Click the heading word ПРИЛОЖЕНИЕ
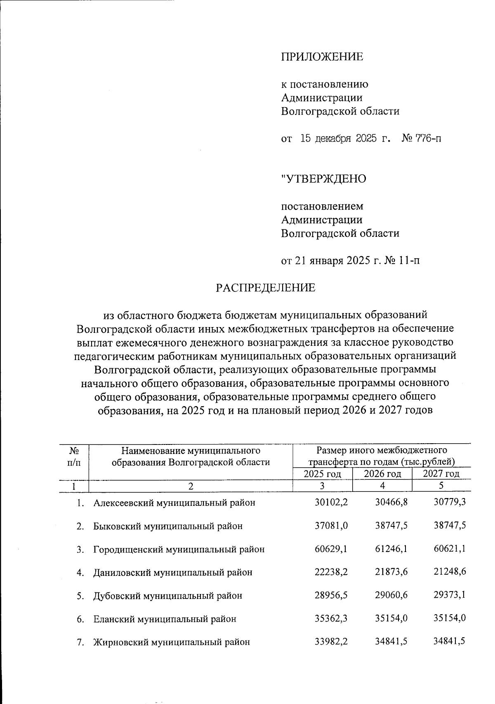pyautogui.click(x=322, y=56)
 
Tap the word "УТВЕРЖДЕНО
pyautogui.click(x=323, y=179)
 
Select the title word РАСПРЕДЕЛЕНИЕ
pyautogui.click(x=266, y=288)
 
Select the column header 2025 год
pyautogui.click(x=322, y=474)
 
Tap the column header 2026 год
pyautogui.click(x=382, y=474)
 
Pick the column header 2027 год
pyautogui.click(x=441, y=474)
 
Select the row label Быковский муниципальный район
pyautogui.click(x=168, y=526)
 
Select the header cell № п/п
pyautogui.click(x=74, y=456)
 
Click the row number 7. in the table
pyautogui.click(x=81, y=642)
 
